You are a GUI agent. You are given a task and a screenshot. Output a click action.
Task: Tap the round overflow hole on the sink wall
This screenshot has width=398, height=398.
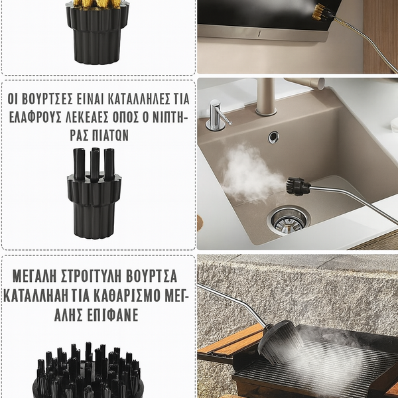(273, 137)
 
